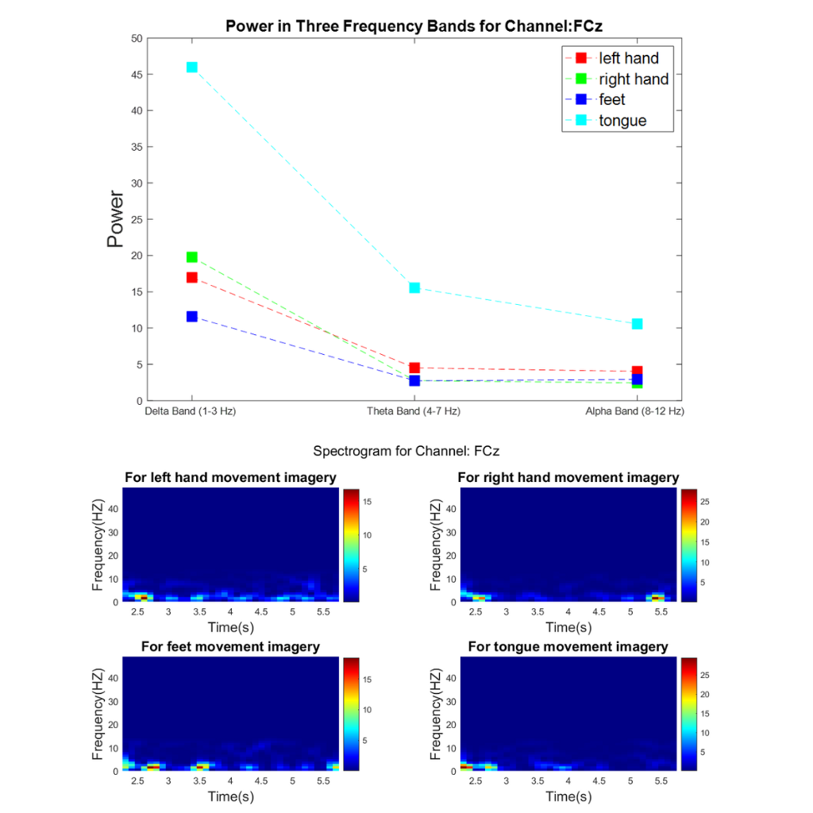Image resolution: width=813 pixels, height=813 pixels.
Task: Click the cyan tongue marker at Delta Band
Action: (191, 67)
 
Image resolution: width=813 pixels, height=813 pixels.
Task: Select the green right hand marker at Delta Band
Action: (191, 257)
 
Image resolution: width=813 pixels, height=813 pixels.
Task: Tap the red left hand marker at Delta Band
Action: (191, 277)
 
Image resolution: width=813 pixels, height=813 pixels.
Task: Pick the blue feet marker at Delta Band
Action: (191, 317)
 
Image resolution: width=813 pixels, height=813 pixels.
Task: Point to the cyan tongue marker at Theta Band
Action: (414, 287)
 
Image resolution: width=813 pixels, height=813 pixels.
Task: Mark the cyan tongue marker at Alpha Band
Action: (637, 324)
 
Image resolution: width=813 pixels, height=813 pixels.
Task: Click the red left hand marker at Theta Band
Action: (414, 368)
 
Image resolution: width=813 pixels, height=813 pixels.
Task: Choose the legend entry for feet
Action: (611, 100)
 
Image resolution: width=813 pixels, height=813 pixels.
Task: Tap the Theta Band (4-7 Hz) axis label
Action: (414, 412)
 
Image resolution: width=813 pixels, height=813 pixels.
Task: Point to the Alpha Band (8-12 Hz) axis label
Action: (634, 412)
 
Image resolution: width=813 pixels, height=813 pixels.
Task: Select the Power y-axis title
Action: (116, 218)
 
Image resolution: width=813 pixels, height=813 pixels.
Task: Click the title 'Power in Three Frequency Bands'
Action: (414, 25)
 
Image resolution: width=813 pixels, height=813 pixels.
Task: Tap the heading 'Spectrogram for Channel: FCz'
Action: (406, 451)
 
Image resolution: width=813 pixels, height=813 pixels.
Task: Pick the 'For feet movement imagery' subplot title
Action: (230, 647)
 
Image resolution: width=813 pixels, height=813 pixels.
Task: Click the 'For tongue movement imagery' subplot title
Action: (568, 647)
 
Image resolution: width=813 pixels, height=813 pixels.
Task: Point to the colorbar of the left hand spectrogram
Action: (352, 545)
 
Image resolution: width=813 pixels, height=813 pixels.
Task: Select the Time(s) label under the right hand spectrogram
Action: (568, 627)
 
